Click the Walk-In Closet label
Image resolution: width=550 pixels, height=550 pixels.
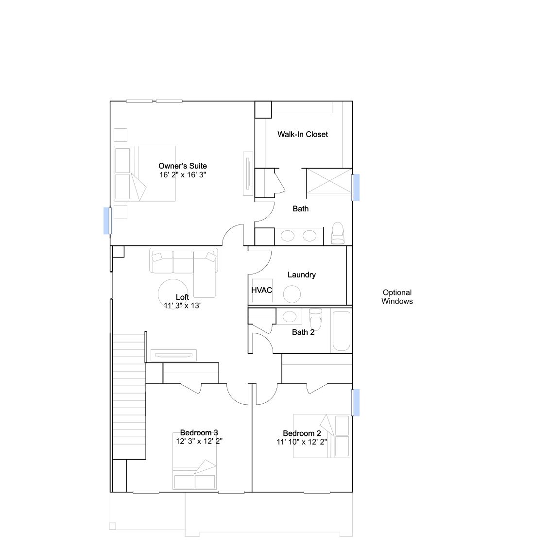(x=302, y=135)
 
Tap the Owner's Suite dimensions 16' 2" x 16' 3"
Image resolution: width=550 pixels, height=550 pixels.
(x=182, y=175)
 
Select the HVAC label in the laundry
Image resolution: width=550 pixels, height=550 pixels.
(x=262, y=290)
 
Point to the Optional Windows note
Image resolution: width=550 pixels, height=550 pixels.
(x=397, y=297)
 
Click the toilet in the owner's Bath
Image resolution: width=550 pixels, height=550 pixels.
(x=338, y=233)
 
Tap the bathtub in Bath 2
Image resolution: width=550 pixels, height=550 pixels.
(x=341, y=331)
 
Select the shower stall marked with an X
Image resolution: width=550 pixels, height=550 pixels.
(x=329, y=181)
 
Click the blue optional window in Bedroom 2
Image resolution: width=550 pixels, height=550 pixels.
(x=356, y=403)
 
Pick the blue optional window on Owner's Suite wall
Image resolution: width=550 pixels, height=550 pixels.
(x=107, y=221)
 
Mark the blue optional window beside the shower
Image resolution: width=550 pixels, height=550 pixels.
(x=356, y=188)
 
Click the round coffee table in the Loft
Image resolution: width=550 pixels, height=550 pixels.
(x=173, y=293)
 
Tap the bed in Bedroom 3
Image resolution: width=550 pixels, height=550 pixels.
(x=194, y=467)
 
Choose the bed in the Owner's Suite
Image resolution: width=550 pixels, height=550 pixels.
(x=144, y=173)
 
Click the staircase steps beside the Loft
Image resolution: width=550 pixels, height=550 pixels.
(x=129, y=396)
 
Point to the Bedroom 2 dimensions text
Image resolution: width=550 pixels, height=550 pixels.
(x=302, y=442)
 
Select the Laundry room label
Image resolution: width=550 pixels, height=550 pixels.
(x=302, y=275)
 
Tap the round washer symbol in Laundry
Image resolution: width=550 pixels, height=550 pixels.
(x=292, y=294)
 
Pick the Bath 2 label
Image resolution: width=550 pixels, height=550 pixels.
(x=303, y=332)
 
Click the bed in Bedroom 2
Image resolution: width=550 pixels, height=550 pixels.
(x=322, y=436)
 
